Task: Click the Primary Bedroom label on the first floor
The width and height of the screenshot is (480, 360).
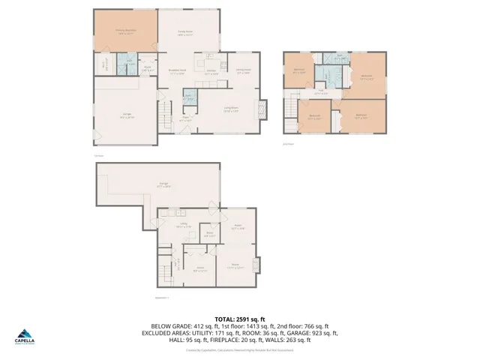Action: tap(124, 31)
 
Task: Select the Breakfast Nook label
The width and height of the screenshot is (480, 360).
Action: tap(177, 73)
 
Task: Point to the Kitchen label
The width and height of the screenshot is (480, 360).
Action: tap(211, 73)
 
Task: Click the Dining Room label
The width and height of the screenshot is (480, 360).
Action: tap(244, 73)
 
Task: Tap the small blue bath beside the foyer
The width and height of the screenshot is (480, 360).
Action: tap(190, 96)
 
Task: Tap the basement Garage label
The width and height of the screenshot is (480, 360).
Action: tap(163, 184)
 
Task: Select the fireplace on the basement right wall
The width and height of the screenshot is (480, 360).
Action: tap(258, 265)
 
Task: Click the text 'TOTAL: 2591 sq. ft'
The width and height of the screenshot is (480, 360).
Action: tap(239, 318)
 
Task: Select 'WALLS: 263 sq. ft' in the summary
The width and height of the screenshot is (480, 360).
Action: tap(293, 340)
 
